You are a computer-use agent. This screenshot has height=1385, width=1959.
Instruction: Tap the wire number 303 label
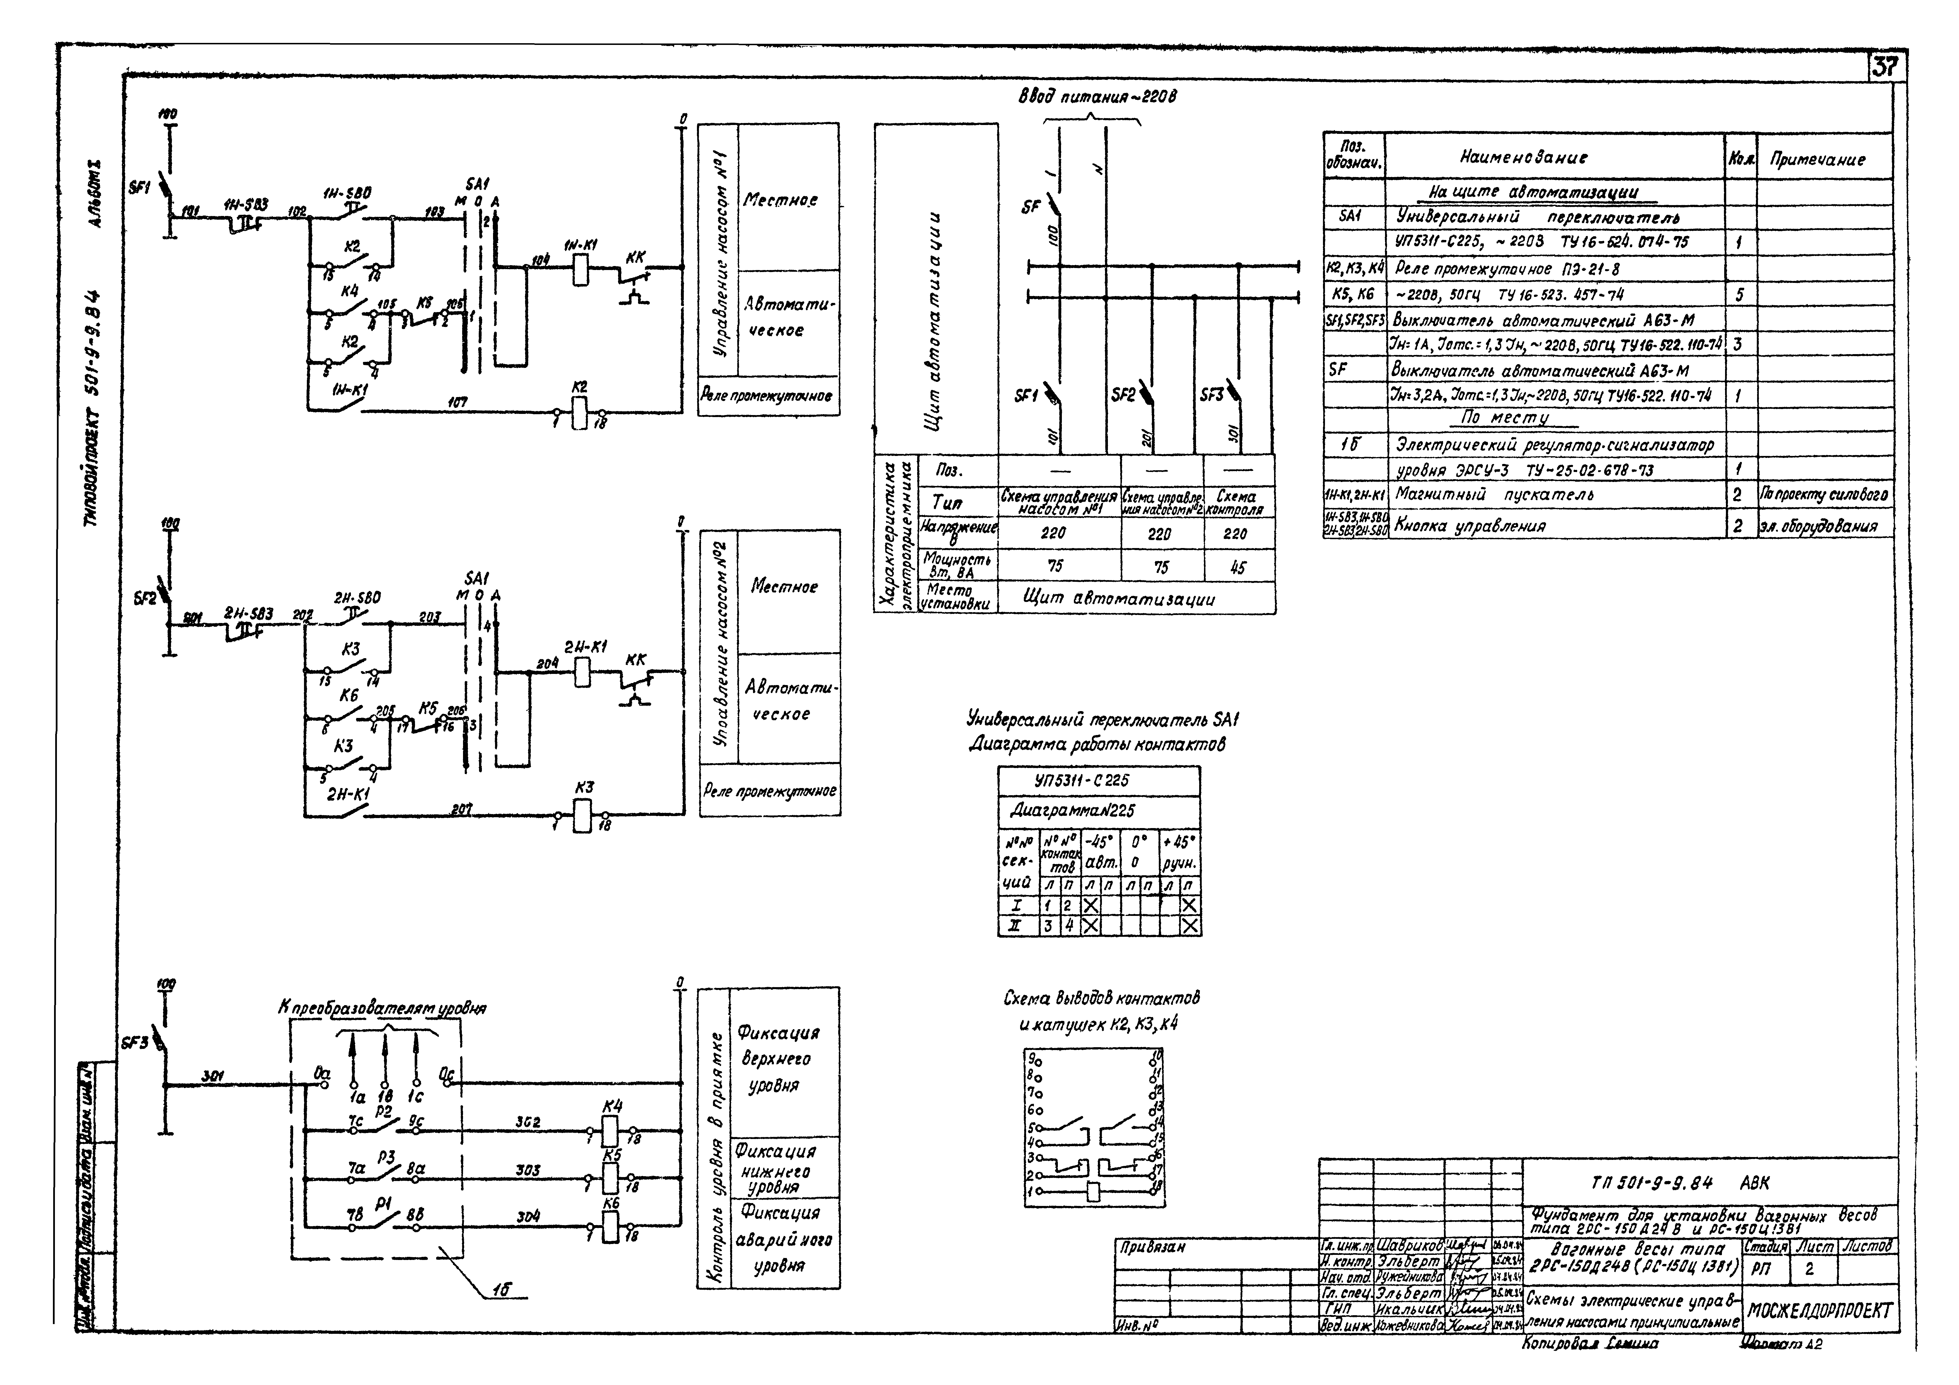tap(527, 1170)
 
